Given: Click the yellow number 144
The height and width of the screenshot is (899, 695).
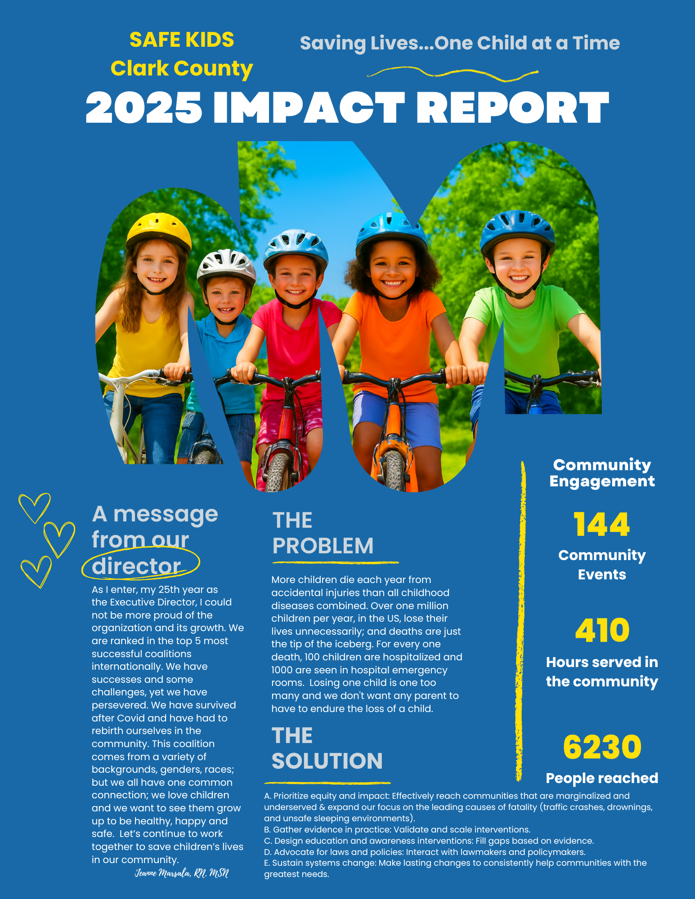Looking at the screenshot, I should coord(601,525).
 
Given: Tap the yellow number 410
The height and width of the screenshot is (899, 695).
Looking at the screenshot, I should coord(602,630).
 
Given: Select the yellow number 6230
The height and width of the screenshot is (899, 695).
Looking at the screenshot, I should coord(602,747).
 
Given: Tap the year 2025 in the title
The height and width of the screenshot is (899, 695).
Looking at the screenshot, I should coord(144,108).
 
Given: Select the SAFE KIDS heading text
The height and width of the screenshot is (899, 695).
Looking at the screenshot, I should coord(182,40).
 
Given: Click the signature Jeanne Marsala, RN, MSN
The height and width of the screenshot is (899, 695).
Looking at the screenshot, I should coord(182,873).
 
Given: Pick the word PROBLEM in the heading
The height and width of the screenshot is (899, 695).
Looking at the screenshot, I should coord(323,546).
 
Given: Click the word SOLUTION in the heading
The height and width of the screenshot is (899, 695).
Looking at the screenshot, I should coord(327,761).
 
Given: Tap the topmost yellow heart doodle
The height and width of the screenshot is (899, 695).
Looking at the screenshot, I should coord(35,507).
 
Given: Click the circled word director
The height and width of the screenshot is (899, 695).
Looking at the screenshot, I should coord(137,566).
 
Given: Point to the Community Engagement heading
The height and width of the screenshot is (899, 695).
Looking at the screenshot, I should coord(602,473).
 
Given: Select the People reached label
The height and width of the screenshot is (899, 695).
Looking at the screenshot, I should coord(602,778).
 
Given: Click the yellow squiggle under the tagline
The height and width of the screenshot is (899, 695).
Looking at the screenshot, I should coord(452,74).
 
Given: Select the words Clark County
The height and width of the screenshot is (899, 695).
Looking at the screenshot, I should coord(182,68).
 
